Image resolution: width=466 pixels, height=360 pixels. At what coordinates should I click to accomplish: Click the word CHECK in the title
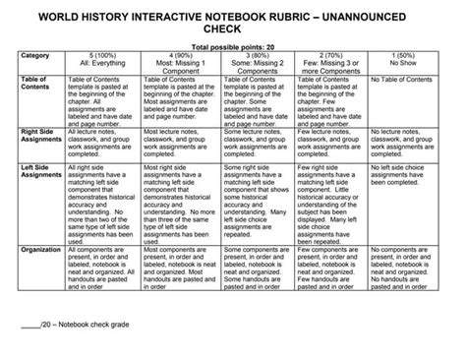(x=233, y=30)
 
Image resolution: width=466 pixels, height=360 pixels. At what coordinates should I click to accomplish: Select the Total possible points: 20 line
(x=232, y=47)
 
